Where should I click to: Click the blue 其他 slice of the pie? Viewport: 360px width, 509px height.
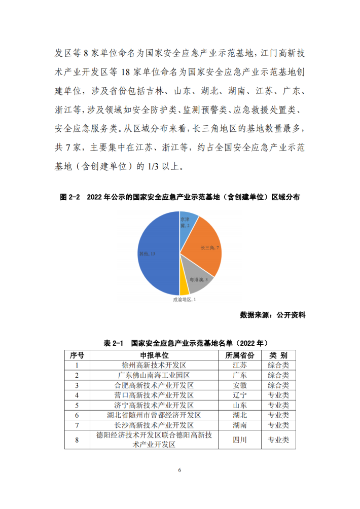click(x=155, y=253)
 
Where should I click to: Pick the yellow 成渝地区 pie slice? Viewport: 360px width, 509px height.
click(x=184, y=288)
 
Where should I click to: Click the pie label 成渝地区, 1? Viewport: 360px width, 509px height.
click(x=185, y=300)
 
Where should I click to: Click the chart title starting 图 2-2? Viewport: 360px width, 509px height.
click(x=180, y=197)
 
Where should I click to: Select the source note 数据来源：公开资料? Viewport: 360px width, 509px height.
click(x=273, y=315)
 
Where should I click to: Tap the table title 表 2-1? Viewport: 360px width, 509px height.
click(x=180, y=343)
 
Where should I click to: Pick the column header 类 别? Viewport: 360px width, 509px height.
click(x=278, y=355)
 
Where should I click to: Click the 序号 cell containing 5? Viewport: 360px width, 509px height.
click(x=77, y=406)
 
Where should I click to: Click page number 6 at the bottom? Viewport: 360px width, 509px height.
click(x=179, y=470)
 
